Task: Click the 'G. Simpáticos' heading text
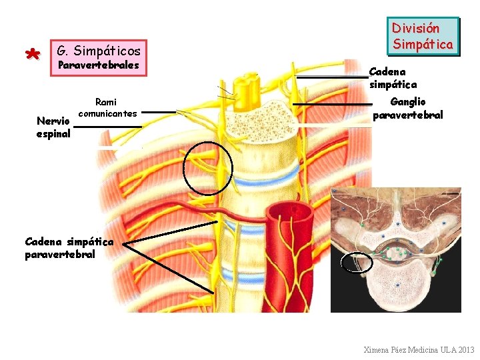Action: click(99, 51)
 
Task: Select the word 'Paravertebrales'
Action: click(99, 65)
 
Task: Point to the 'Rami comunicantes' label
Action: click(107, 107)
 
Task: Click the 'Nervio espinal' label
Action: click(53, 127)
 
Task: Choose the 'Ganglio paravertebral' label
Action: click(407, 108)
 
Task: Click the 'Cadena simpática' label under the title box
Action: click(393, 78)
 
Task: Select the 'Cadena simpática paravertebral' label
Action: click(69, 247)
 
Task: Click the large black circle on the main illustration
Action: click(207, 169)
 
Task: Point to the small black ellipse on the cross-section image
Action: click(356, 263)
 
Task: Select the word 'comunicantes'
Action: click(107, 113)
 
